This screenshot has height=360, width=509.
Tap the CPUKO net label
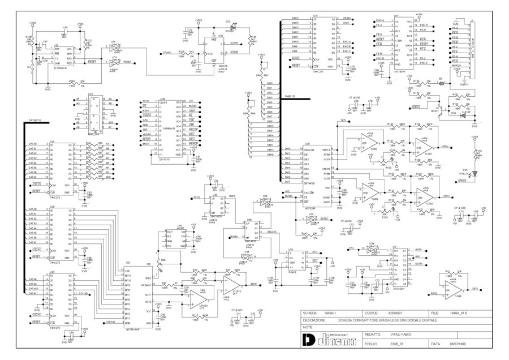coord(167,53)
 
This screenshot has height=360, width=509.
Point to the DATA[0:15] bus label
coord(35,121)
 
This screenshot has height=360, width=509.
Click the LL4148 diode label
coord(466,113)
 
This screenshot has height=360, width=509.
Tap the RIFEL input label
coord(434,294)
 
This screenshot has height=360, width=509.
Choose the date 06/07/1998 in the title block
coord(458,344)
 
